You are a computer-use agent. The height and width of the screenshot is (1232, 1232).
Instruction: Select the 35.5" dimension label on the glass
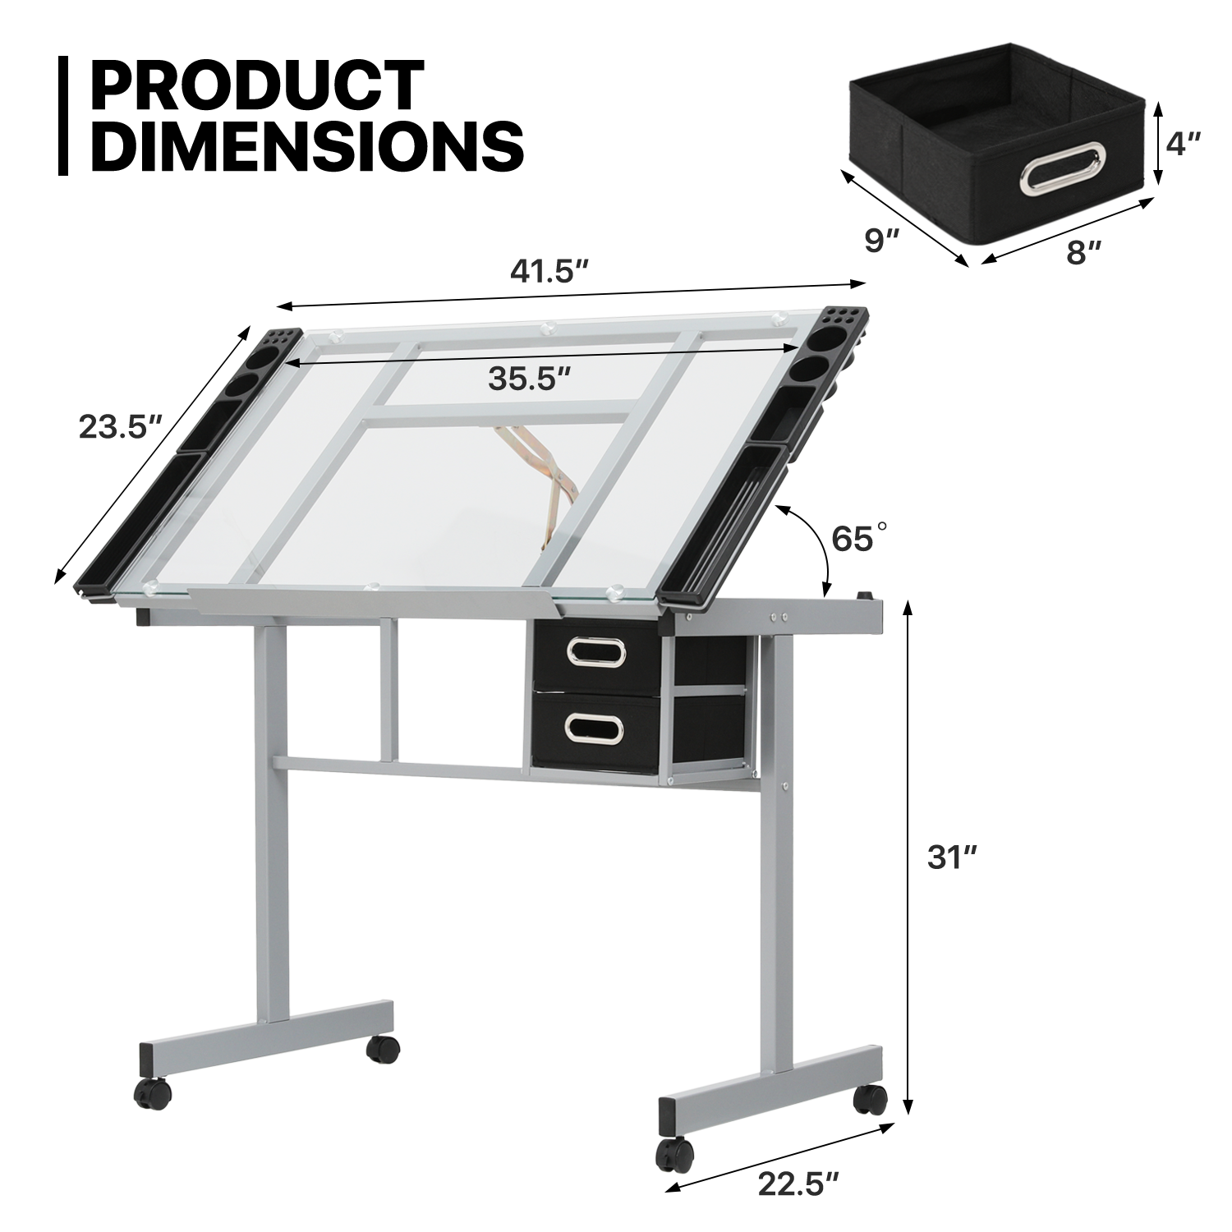tap(529, 379)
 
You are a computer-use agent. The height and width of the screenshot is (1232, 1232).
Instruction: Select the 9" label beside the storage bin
tap(882, 241)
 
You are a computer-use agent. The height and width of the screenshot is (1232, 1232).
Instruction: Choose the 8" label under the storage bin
tap(1083, 253)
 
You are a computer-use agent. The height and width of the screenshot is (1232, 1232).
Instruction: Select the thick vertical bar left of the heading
tap(63, 115)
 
